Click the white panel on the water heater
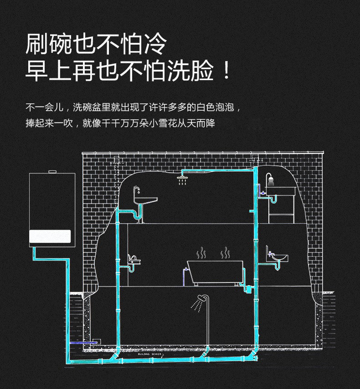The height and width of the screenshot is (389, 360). [x=50, y=236]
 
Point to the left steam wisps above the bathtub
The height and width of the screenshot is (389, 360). [x=201, y=253]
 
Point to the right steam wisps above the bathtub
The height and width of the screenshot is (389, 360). [x=225, y=253]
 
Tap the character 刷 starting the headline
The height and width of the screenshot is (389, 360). [x=37, y=44]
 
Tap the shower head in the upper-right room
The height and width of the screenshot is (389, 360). [x=271, y=181]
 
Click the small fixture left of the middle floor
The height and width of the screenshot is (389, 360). [x=133, y=260]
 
